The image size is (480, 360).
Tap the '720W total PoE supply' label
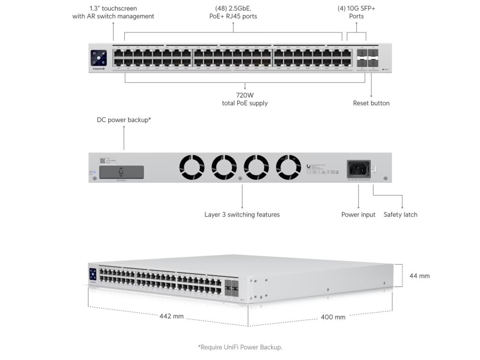click(x=245, y=99)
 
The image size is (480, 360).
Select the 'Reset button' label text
click(x=371, y=103)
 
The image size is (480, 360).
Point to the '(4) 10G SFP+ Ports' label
click(x=356, y=12)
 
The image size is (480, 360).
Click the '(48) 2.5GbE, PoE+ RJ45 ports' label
click(x=233, y=12)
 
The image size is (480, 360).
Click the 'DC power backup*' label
click(x=124, y=120)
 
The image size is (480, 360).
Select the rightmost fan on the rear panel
click(x=288, y=167)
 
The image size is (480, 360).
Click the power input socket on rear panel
click(x=358, y=168)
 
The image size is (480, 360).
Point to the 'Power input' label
click(x=358, y=215)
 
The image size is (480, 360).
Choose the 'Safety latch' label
click(x=400, y=215)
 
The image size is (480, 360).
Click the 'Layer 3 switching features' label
click(x=242, y=215)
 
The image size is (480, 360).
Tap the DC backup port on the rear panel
click(x=121, y=172)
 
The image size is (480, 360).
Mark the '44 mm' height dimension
click(x=420, y=276)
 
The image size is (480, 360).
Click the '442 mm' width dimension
click(x=172, y=316)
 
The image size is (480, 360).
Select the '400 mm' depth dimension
click(x=333, y=317)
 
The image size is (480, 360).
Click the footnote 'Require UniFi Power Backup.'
click(x=240, y=347)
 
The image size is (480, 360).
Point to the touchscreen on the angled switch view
click(x=92, y=275)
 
